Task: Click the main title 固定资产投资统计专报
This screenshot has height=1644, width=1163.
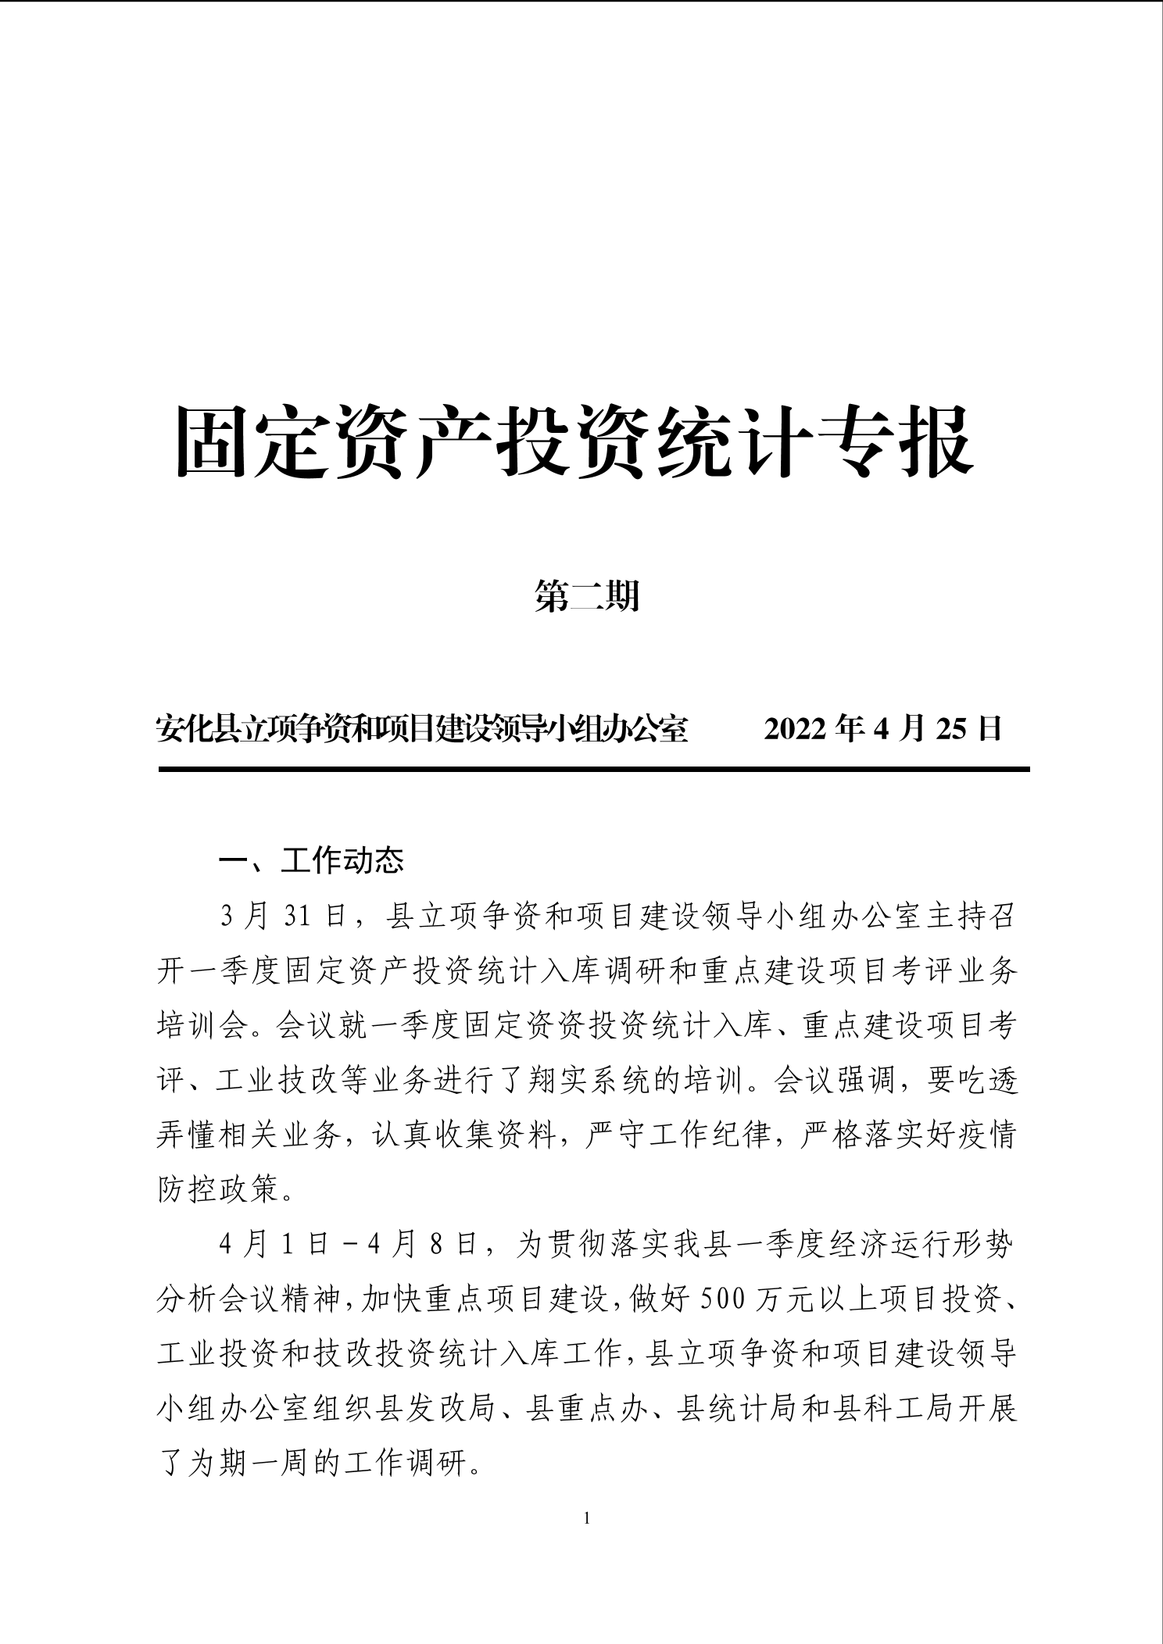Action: [574, 441]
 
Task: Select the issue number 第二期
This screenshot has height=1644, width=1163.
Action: [587, 596]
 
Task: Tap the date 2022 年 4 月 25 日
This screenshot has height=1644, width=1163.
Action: [882, 729]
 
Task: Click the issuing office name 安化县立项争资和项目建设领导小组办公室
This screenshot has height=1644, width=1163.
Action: [422, 729]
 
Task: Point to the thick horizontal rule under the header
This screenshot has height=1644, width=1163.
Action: [594, 770]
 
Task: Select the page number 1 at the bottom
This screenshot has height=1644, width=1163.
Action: [587, 1517]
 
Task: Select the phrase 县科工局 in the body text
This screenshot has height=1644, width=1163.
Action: [891, 1409]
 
